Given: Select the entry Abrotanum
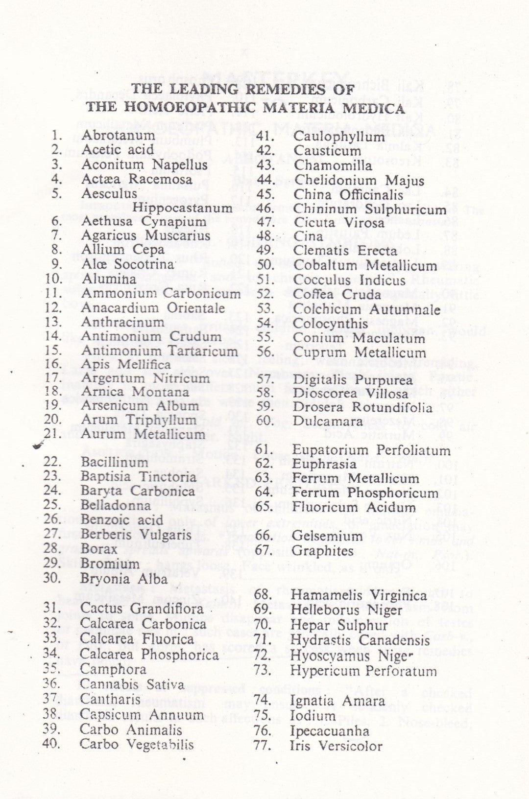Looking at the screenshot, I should pyautogui.click(x=118, y=135).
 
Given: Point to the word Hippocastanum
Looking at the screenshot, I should pyautogui.click(x=183, y=208).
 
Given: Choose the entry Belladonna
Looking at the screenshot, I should pyautogui.click(x=116, y=505).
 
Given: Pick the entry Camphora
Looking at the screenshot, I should pyautogui.click(x=113, y=669).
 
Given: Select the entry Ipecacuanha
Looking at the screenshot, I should pyautogui.click(x=330, y=731).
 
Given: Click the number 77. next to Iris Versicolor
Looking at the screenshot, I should pyautogui.click(x=263, y=746).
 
